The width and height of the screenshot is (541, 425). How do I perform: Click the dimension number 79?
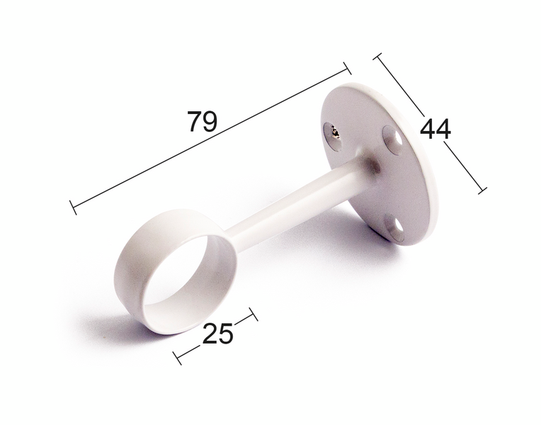(x=202, y=122)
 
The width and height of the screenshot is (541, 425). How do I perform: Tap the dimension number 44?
(x=435, y=130)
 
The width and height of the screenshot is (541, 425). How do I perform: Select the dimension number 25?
(x=217, y=334)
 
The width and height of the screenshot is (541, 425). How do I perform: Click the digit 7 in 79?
(x=194, y=122)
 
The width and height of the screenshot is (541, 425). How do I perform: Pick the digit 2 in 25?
(x=210, y=334)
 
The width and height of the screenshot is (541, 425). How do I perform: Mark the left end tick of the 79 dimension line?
(x=73, y=208)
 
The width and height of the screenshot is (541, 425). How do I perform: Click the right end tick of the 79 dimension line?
(x=347, y=67)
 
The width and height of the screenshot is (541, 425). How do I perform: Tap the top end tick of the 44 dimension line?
(x=378, y=57)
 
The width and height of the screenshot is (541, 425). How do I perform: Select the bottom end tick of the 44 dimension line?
(x=482, y=189)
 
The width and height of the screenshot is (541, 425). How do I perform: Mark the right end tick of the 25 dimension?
(x=254, y=314)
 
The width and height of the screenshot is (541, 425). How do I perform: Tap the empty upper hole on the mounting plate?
(x=390, y=135)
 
